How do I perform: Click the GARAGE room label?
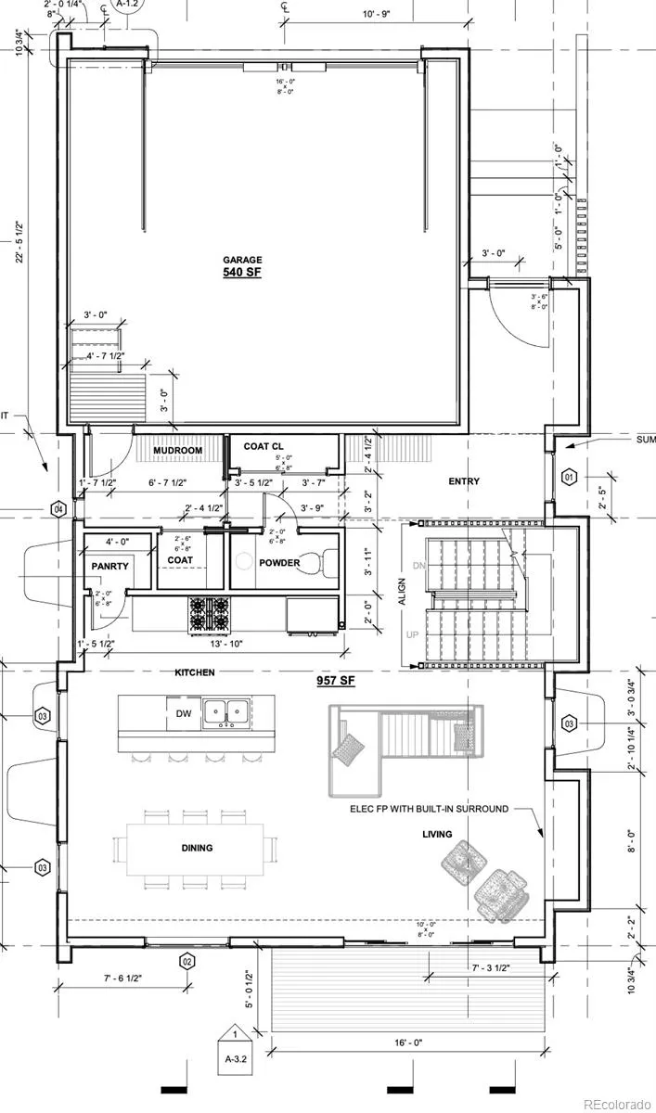[241, 260]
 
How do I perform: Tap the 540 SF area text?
[241, 274]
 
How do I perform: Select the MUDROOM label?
[177, 451]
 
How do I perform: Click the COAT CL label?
[263, 446]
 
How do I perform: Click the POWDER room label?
[279, 563]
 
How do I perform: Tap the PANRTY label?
[109, 566]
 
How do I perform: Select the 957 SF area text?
[335, 681]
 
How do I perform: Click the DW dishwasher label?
[184, 713]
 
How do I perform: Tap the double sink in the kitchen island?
[226, 712]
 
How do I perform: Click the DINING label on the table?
[197, 848]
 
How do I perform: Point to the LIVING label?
[437, 835]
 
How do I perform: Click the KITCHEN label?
[194, 672]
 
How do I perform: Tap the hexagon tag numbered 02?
[187, 960]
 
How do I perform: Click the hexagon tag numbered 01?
[570, 479]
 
